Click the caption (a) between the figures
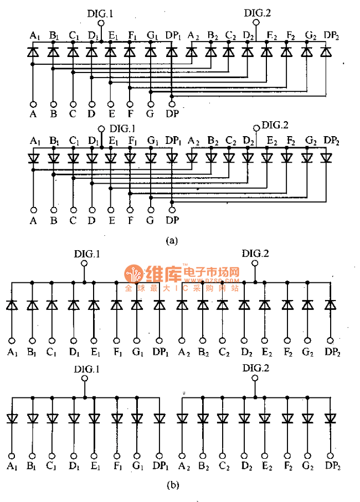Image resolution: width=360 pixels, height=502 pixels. [172, 240]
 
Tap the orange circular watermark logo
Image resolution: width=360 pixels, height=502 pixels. [133, 274]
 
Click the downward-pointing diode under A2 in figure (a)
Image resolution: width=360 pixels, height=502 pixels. [192, 157]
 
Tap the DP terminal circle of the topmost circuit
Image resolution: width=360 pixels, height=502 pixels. [172, 103]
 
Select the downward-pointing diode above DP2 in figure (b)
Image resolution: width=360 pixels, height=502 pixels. [331, 418]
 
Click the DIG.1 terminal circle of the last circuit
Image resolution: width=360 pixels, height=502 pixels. [85, 379]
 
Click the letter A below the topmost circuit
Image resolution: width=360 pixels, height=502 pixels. [33, 115]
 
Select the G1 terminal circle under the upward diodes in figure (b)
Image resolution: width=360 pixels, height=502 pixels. [137, 340]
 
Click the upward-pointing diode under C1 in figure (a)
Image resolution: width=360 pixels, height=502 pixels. [73, 53]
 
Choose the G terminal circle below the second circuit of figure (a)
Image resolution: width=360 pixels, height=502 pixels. [150, 210]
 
